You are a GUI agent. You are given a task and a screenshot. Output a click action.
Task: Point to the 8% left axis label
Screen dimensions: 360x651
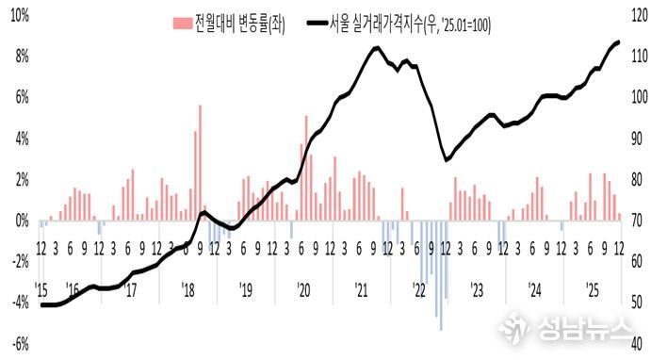point(18,57)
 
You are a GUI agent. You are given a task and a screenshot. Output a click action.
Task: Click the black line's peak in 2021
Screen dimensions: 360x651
point(375,47)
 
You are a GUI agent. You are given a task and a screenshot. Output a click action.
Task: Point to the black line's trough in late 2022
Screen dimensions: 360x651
point(447,160)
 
